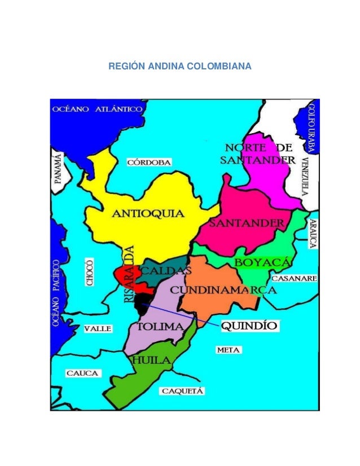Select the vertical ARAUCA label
(x=312, y=234)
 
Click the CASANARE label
(x=294, y=279)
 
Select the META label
(x=229, y=350)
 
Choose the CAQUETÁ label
(x=183, y=390)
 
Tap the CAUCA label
(x=83, y=373)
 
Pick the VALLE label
(x=98, y=328)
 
